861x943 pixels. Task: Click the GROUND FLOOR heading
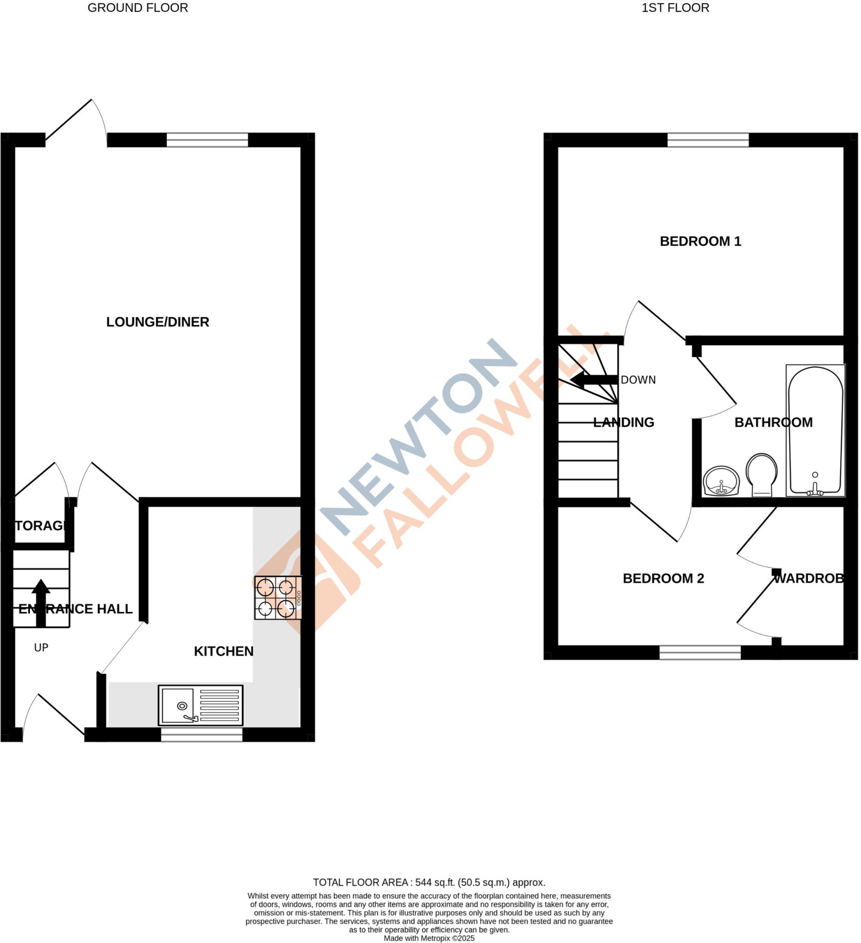coord(138,8)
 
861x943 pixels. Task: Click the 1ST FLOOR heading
coord(675,8)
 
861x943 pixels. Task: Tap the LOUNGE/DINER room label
coord(158,322)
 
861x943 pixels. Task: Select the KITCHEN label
coord(224,651)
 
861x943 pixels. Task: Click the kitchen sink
coord(200,705)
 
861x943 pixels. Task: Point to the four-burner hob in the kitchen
coord(277,597)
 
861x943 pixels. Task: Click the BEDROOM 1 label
coord(700,241)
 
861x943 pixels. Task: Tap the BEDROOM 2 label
coord(663,579)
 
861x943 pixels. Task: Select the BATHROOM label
coord(773,422)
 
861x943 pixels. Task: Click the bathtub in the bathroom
coord(815,430)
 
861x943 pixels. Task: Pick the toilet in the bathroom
coord(761,474)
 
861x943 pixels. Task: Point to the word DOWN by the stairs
coord(638,380)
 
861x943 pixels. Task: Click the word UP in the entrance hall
coord(41,647)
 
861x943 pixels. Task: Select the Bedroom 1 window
coord(708,140)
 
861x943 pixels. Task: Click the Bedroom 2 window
coord(700,652)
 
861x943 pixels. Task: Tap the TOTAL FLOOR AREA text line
coord(428,883)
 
